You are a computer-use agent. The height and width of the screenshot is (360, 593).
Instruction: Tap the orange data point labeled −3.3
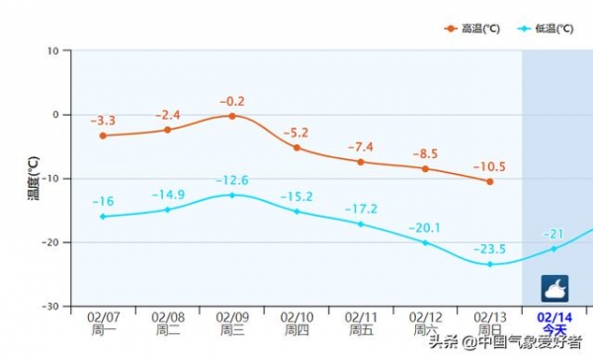click(x=103, y=135)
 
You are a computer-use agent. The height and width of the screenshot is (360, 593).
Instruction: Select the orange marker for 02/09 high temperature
click(x=232, y=116)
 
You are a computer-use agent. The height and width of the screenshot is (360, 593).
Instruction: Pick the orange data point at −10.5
click(x=489, y=181)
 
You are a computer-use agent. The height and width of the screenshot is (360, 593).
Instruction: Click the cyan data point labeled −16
click(x=103, y=217)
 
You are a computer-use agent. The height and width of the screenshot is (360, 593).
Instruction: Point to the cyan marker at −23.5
click(x=489, y=264)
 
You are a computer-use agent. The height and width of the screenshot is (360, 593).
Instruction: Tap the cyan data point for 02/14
click(x=553, y=248)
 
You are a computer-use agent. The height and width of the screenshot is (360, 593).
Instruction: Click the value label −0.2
click(x=232, y=101)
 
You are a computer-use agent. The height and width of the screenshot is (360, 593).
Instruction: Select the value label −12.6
click(x=232, y=180)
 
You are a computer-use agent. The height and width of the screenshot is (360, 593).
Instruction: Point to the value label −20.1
click(x=425, y=227)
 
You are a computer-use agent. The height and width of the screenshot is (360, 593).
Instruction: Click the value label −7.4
click(x=361, y=146)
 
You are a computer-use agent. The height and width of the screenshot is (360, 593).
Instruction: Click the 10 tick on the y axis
click(x=52, y=50)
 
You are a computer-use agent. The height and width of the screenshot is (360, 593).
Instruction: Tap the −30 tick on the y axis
click(x=48, y=307)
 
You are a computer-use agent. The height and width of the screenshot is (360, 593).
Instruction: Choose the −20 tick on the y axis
click(x=48, y=242)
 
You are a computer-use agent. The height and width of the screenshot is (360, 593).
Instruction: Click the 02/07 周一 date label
click(x=103, y=323)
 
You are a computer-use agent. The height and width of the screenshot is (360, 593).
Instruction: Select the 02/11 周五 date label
click(x=361, y=323)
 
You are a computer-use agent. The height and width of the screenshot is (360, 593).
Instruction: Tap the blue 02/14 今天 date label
click(x=553, y=323)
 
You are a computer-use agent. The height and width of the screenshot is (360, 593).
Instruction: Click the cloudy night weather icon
click(x=553, y=288)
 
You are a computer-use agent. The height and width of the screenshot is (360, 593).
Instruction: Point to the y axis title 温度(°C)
click(x=32, y=178)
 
